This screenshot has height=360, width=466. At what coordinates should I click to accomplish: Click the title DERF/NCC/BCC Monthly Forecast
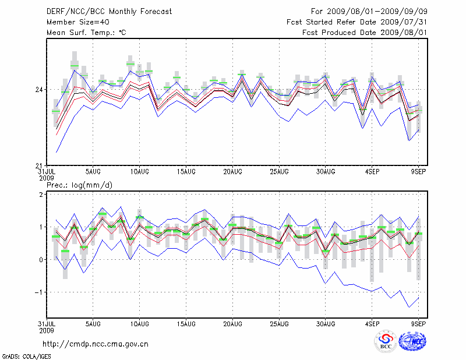(x=109, y=12)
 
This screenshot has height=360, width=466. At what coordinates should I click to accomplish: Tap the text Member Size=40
(x=75, y=22)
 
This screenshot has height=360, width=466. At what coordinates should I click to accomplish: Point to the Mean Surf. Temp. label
(x=86, y=33)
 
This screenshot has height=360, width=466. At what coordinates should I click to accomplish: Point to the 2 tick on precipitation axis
(x=41, y=194)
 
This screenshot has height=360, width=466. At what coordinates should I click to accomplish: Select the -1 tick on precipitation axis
(x=38, y=292)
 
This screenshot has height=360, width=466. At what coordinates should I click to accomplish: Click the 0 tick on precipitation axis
(x=41, y=259)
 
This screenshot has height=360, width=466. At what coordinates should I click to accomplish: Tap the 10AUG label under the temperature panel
(x=139, y=172)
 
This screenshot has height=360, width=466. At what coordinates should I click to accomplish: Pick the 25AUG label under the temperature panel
(x=279, y=172)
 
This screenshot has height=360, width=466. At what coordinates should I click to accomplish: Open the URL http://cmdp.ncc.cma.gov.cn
(x=96, y=344)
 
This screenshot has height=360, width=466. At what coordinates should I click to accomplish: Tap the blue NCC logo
(x=412, y=342)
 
